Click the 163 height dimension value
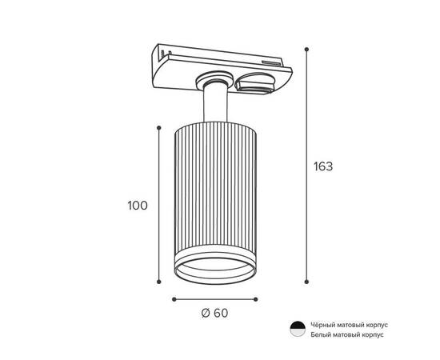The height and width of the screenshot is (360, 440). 323,166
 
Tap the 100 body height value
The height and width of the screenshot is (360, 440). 138,206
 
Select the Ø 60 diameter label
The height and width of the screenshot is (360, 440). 214,313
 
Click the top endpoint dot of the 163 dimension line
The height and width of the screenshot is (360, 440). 306,50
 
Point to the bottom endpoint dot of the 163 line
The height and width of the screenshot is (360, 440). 306,282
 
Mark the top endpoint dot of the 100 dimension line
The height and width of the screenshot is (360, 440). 159,128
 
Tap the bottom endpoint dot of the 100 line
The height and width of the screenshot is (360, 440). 159,282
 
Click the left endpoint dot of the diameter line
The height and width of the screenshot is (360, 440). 174,299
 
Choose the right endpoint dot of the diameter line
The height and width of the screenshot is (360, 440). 255,299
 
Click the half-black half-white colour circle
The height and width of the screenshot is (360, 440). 298,329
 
